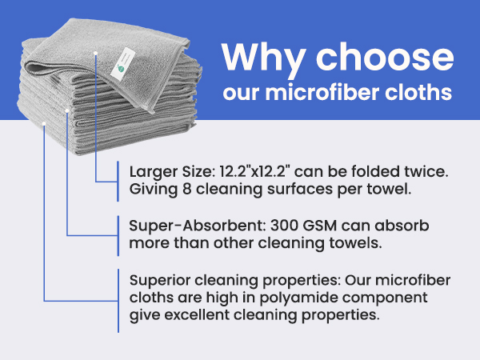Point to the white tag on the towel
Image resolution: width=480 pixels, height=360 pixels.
(x=125, y=58)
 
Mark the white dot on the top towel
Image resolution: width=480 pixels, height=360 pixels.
(x=95, y=53)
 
